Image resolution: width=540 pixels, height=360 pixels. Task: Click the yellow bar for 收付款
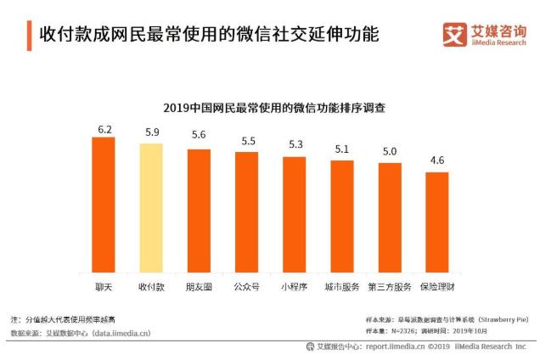tap(151, 207)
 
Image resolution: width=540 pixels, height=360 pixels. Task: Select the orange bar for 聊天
tap(104, 204)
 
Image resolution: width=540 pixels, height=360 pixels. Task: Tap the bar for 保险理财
tap(437, 222)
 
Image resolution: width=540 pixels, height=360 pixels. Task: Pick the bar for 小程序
tap(294, 214)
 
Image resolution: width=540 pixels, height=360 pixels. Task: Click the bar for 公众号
tap(246, 211)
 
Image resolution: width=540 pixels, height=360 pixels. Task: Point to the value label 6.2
tap(104, 129)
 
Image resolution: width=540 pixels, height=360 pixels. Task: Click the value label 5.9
tap(152, 133)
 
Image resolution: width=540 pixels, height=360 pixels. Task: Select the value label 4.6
tap(437, 161)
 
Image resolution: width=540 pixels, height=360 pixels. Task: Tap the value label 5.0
tap(389, 152)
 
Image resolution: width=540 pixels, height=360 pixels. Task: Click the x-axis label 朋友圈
tap(199, 286)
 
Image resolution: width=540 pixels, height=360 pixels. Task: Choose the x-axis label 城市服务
tap(341, 286)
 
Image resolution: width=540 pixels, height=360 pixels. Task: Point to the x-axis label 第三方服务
tap(389, 286)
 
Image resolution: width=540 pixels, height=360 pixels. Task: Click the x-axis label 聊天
tap(104, 286)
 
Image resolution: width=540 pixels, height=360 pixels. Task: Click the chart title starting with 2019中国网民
tap(270, 108)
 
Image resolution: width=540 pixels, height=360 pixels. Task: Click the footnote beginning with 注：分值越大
tap(68, 318)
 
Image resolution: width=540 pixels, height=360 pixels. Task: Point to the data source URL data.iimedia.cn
tap(120, 333)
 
